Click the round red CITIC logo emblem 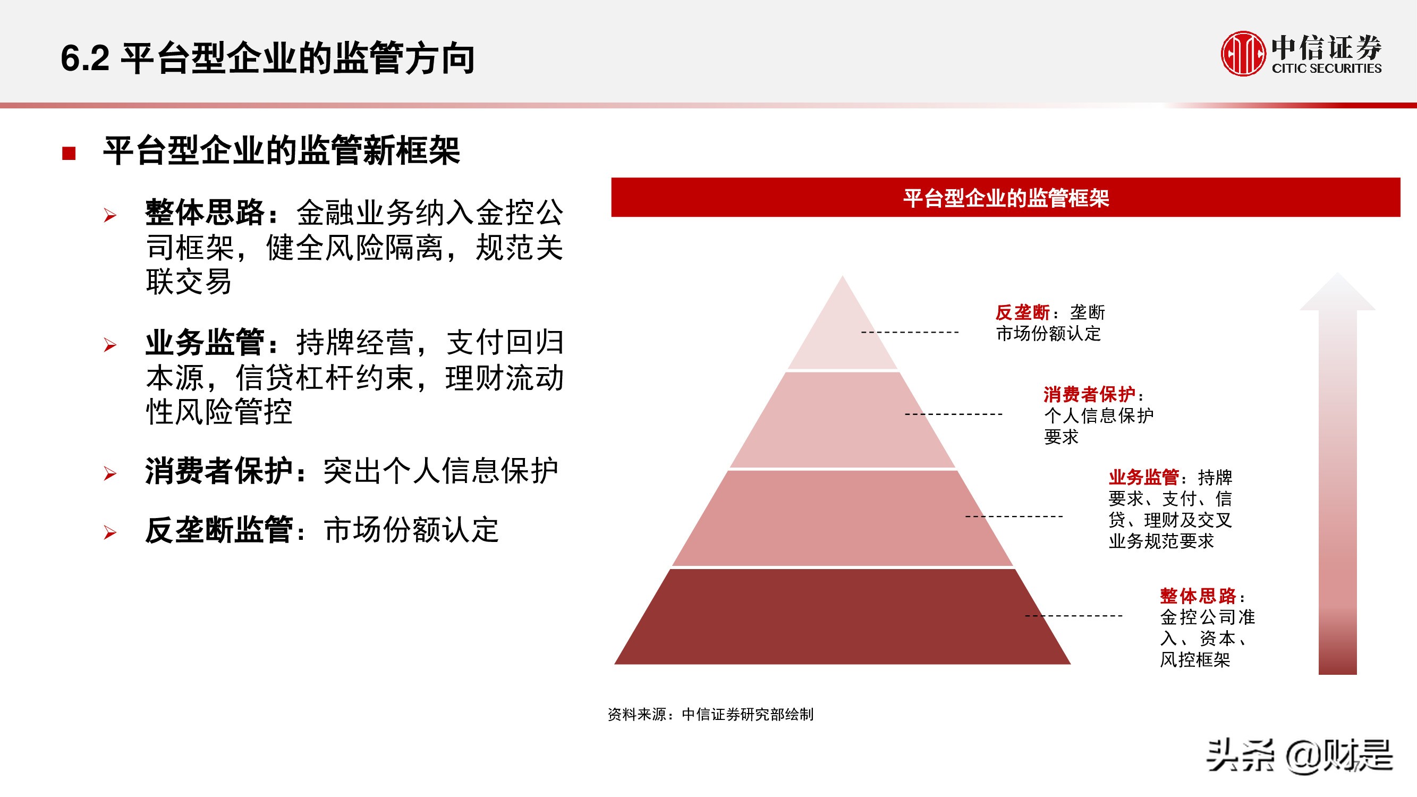1243,53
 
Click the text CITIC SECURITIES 1326,69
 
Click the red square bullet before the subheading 69,153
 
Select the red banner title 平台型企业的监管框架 1006,198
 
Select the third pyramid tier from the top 842,518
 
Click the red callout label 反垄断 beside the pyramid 1022,312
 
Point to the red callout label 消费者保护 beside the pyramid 1089,394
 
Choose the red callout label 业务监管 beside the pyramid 1143,477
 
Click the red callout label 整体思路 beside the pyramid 1198,596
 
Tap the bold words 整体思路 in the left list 205,213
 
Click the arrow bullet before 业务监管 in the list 110,345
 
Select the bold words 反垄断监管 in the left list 219,530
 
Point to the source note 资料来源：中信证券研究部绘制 710,715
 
